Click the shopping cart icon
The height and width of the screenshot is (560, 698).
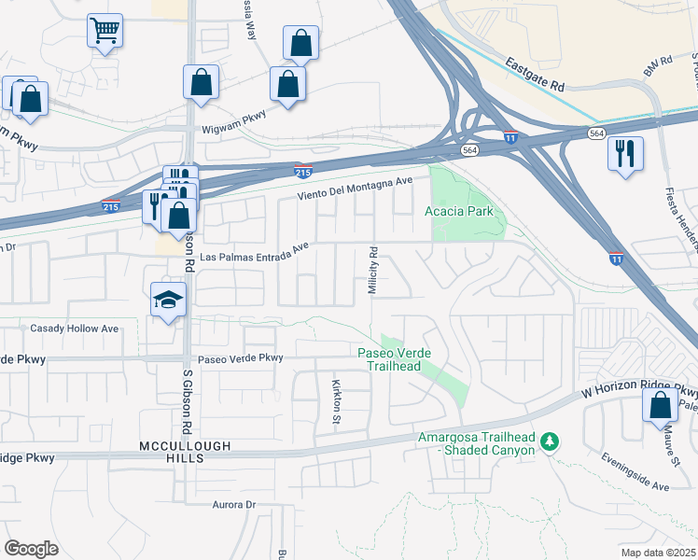pos(105,30)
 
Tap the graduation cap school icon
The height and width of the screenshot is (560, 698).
pos(168,300)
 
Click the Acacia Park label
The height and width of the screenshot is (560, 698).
pos(461,212)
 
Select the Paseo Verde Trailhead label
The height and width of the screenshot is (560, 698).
pos(389,359)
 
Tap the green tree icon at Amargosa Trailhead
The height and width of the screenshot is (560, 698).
pos(551,440)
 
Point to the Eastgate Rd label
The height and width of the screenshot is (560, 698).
pos(536,75)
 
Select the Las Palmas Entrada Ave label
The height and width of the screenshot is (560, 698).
pos(254,252)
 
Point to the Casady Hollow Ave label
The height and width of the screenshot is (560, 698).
pos(75,329)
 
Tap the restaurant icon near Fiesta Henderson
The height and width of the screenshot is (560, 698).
pos(624,152)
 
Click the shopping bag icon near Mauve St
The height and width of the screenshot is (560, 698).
pos(660,406)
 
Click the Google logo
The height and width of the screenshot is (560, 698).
pos(31,549)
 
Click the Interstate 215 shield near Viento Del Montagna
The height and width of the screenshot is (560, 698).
pos(302,171)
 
